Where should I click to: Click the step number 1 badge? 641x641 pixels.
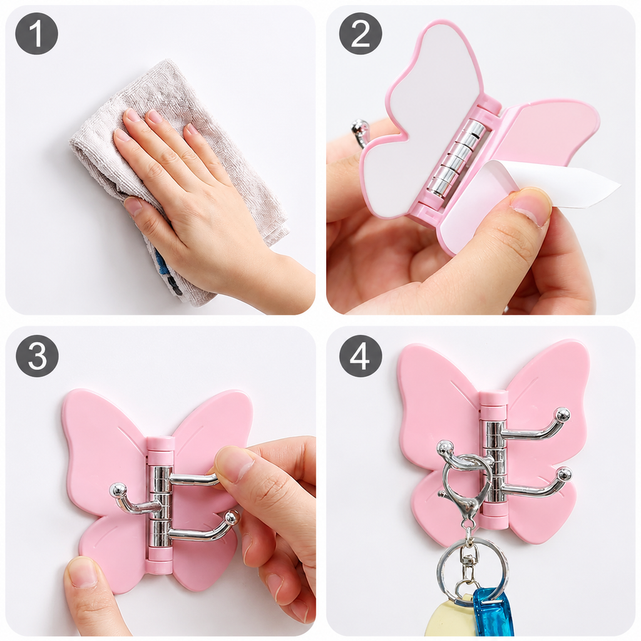[37, 34]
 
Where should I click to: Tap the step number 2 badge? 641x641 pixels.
[361, 34]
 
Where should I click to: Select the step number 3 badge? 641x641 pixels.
[37, 356]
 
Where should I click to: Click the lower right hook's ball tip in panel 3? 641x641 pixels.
[232, 517]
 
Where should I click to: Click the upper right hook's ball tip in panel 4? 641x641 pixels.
[563, 415]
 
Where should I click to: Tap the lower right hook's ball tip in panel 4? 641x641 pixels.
[564, 475]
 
